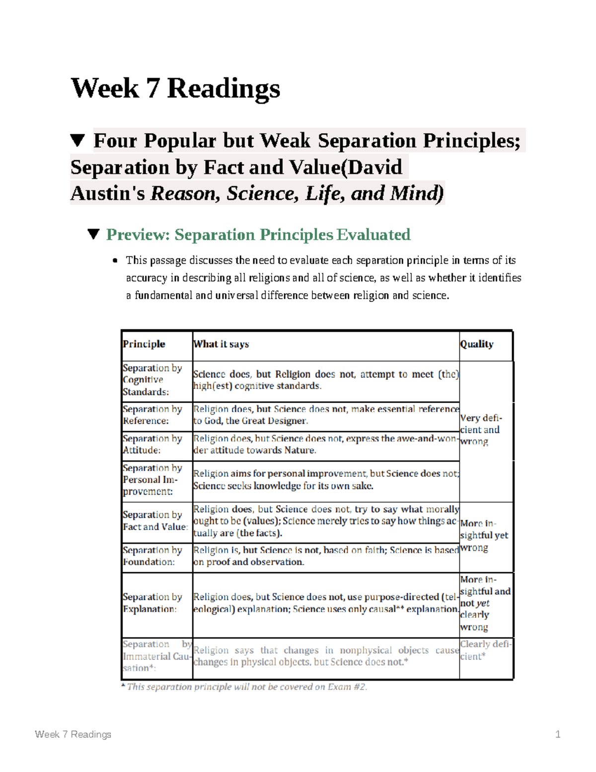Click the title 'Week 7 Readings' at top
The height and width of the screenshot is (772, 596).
point(175,88)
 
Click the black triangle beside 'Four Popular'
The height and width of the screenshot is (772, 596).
point(77,141)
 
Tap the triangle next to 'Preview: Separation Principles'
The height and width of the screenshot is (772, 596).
point(93,234)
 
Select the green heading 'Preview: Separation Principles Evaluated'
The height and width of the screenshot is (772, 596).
point(258,235)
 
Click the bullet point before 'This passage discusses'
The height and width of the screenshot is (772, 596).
point(115,260)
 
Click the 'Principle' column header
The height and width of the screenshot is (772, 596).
point(144,344)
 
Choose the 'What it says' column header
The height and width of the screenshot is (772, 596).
point(221,344)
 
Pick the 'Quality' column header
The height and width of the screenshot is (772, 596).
point(477,344)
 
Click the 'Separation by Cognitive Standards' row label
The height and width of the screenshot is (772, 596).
point(152,380)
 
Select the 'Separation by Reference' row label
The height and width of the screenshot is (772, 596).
point(152,415)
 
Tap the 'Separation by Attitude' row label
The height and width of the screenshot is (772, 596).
point(152,444)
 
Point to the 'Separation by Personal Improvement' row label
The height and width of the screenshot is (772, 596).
point(152,480)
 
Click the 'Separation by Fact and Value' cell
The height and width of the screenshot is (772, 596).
point(155,520)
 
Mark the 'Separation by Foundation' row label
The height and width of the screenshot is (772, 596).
point(152,556)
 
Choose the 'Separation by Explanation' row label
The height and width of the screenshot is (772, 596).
point(152,602)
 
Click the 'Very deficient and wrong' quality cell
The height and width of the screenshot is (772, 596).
point(480,429)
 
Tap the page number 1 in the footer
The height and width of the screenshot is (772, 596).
point(558,734)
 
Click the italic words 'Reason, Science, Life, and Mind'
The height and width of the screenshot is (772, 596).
point(297,193)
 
